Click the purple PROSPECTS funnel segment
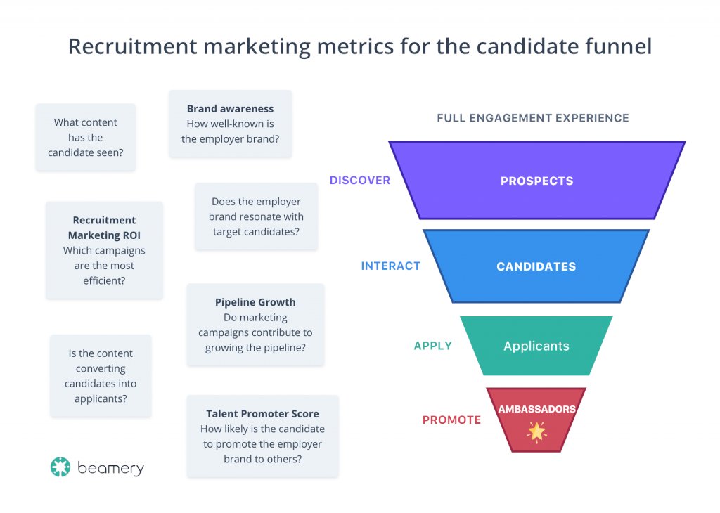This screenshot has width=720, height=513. [x=536, y=181]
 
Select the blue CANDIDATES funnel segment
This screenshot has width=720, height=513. [x=536, y=266]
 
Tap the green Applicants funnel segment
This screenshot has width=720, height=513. [x=536, y=346]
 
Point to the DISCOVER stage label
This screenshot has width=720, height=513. [x=360, y=181]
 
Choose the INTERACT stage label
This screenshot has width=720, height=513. [x=390, y=266]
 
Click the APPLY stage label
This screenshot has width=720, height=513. [x=432, y=346]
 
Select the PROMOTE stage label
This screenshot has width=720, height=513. [x=451, y=420]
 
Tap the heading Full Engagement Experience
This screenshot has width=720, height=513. [x=532, y=118]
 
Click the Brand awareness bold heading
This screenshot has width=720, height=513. [x=230, y=109]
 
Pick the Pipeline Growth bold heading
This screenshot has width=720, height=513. [x=255, y=302]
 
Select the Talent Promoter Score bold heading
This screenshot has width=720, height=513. [x=262, y=414]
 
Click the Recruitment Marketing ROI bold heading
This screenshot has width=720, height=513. [x=104, y=228]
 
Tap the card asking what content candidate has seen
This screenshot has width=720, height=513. [x=85, y=137]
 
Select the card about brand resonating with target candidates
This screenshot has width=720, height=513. [x=256, y=216]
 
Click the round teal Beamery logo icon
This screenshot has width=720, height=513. [x=60, y=467]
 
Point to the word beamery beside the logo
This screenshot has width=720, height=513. [x=111, y=468]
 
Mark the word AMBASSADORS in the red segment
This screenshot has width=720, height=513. [x=536, y=409]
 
